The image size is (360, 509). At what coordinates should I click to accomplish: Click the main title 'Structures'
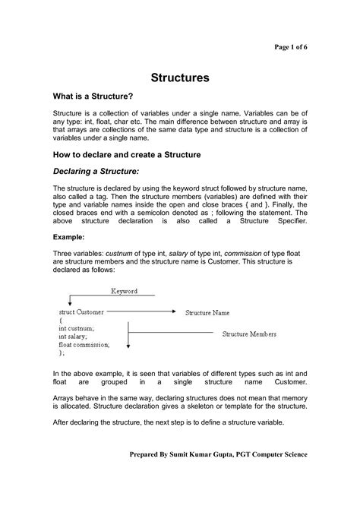pyautogui.click(x=180, y=77)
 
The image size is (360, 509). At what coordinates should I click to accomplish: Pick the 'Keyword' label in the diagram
pyautogui.click(x=125, y=291)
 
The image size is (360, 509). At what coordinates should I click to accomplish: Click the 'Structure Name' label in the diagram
pyautogui.click(x=218, y=312)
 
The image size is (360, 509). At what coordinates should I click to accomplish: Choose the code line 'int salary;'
pyautogui.click(x=73, y=336)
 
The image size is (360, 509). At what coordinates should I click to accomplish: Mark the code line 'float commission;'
pyautogui.click(x=84, y=344)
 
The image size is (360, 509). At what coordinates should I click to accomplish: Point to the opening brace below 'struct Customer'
pyautogui.click(x=60, y=321)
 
